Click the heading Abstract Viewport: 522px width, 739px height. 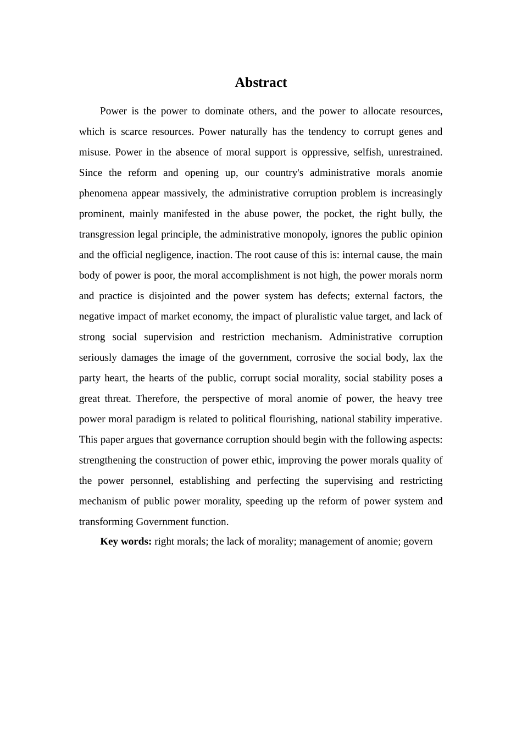[x=260, y=82]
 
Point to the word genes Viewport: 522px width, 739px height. [x=407, y=131]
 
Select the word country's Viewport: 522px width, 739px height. [x=284, y=173]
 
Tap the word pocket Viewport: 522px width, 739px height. [x=336, y=214]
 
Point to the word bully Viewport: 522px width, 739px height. [x=409, y=214]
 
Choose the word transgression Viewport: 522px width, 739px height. [x=107, y=234]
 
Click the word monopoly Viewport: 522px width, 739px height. [x=304, y=234]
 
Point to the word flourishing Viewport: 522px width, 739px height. [x=292, y=419]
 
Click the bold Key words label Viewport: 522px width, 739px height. [x=126, y=542]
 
